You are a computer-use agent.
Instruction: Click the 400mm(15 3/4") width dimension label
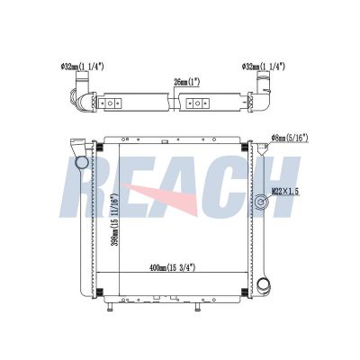pos(172,267)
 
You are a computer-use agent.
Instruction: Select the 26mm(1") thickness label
pos(187,82)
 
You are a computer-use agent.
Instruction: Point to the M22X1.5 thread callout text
pos(285,191)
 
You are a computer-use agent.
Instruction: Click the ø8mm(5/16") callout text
pos(290,138)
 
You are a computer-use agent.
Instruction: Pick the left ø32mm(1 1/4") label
pos(82,67)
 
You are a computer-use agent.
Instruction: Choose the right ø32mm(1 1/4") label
pos(263,67)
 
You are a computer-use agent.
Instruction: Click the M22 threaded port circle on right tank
pos(261,202)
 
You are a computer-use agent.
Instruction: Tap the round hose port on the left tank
pos(81,163)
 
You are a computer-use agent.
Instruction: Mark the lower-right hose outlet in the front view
pos(264,284)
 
